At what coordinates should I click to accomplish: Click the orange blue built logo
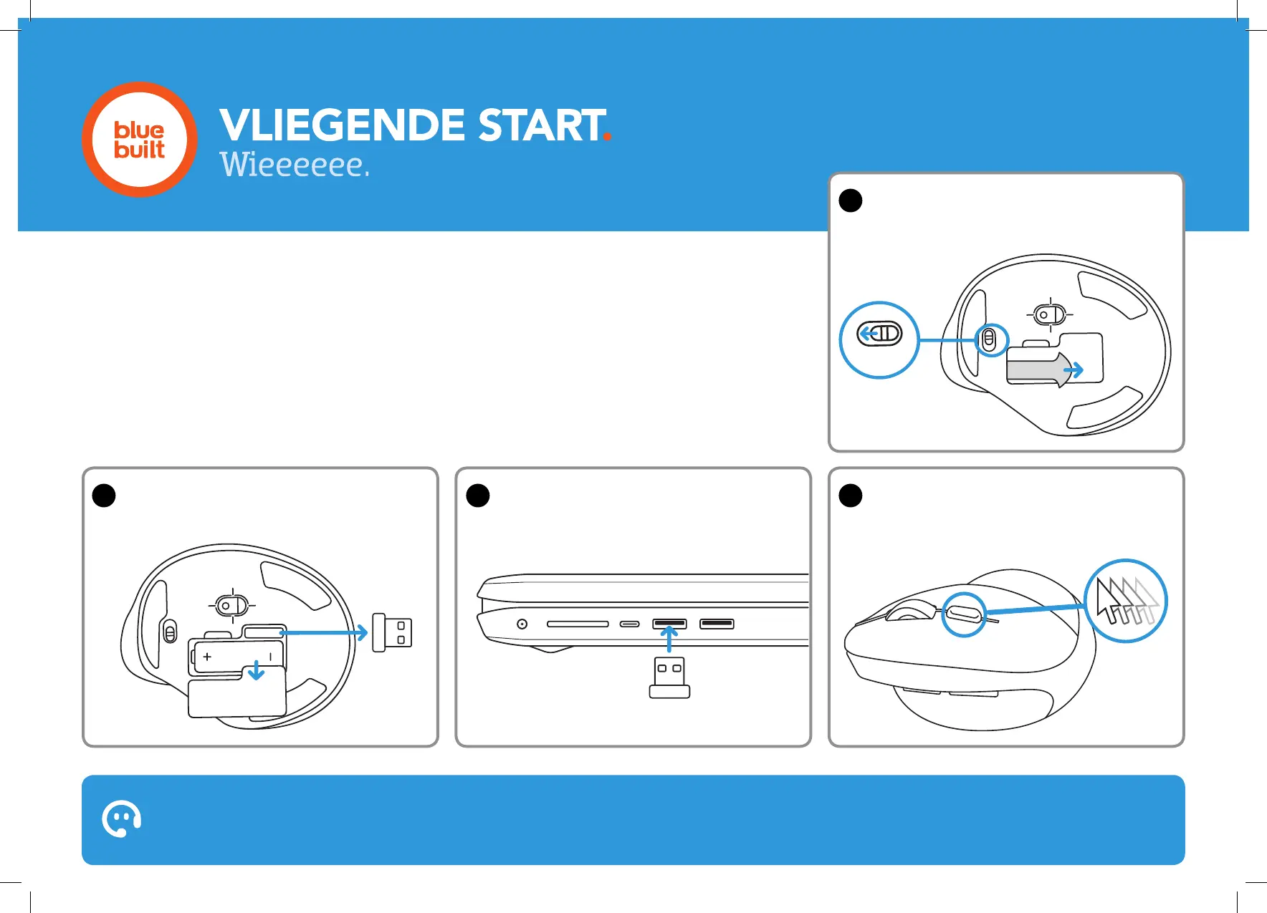click(x=140, y=140)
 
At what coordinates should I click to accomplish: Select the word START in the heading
click(x=541, y=125)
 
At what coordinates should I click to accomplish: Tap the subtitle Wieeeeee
click(x=294, y=165)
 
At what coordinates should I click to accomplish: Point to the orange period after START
click(x=607, y=136)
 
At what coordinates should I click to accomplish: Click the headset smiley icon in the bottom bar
click(x=122, y=818)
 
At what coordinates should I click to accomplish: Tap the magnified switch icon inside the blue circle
click(x=879, y=334)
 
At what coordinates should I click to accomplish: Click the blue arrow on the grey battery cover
click(x=1074, y=370)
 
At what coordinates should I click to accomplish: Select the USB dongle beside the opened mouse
click(x=392, y=633)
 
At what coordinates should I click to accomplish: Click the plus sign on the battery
click(x=208, y=656)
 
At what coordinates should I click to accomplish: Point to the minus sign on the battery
click(x=270, y=656)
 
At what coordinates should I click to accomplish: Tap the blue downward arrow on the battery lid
click(x=256, y=672)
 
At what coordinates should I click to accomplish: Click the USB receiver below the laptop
click(x=669, y=677)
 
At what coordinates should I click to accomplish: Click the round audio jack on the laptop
click(x=522, y=624)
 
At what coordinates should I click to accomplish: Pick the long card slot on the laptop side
click(x=578, y=624)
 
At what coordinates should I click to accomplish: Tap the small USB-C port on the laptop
click(x=630, y=624)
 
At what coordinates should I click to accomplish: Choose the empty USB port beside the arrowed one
click(x=717, y=624)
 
